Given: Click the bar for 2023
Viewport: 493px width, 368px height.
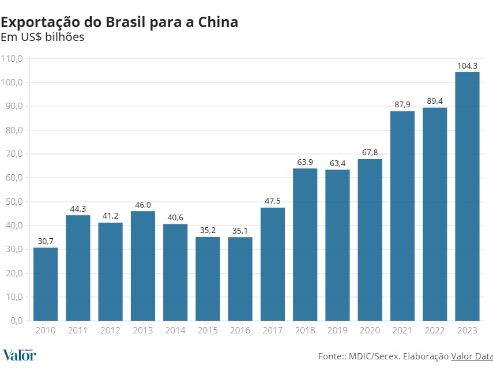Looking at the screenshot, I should pyautogui.click(x=467, y=196).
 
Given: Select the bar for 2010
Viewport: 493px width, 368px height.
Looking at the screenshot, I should pyautogui.click(x=46, y=284).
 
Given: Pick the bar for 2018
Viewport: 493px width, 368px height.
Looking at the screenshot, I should pyautogui.click(x=305, y=244).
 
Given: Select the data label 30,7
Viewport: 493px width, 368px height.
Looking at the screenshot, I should pyautogui.click(x=46, y=241).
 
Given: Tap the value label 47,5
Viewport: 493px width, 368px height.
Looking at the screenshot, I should pyautogui.click(x=273, y=201).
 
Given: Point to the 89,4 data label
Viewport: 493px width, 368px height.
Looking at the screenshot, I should pyautogui.click(x=435, y=102).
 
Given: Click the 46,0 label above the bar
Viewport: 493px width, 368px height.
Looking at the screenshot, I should pyautogui.click(x=143, y=205).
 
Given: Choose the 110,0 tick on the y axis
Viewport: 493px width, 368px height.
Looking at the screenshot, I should pyautogui.click(x=12, y=59).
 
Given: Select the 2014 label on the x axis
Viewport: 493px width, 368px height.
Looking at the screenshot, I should pyautogui.click(x=175, y=331).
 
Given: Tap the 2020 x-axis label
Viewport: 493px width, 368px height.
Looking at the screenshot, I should pyautogui.click(x=370, y=331).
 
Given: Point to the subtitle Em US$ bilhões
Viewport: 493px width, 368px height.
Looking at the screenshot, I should pyautogui.click(x=42, y=38).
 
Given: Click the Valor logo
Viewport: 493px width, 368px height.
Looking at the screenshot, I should pyautogui.click(x=19, y=354).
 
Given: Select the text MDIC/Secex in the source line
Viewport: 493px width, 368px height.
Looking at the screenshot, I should pyautogui.click(x=375, y=356).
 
